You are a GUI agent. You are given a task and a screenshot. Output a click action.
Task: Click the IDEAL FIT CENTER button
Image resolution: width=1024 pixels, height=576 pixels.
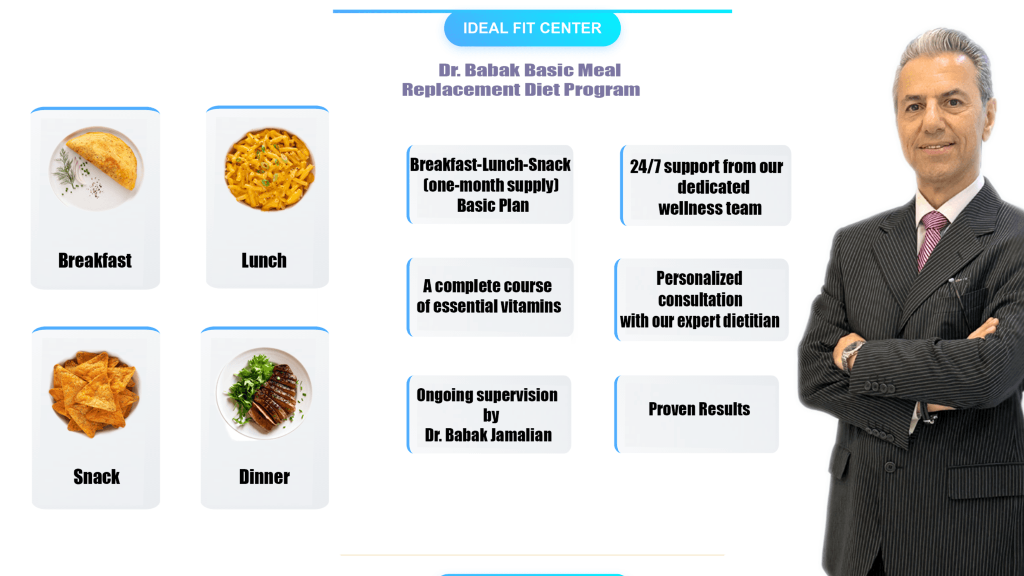click(x=532, y=28)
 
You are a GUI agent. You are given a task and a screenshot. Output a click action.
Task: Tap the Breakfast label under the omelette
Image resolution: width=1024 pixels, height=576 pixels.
click(x=95, y=261)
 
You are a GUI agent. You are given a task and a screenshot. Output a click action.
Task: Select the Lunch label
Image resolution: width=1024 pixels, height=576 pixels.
click(x=264, y=261)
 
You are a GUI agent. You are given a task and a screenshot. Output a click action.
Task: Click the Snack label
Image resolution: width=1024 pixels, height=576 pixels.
click(x=97, y=476)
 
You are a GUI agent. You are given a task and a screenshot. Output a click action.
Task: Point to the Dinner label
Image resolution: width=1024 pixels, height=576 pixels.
click(x=264, y=476)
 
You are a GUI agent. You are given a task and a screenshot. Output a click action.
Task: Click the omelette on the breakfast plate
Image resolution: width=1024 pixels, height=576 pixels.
click(x=105, y=159)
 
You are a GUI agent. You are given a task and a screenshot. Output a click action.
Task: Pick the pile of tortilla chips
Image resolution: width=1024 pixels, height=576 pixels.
click(x=94, y=392)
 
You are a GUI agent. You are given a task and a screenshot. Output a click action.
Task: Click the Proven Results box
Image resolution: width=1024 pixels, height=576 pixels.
click(x=699, y=409)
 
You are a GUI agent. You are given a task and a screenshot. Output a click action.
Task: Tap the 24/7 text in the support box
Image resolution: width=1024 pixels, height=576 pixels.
click(x=645, y=167)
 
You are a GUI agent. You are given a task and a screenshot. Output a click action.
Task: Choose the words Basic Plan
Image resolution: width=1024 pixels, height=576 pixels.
click(x=493, y=206)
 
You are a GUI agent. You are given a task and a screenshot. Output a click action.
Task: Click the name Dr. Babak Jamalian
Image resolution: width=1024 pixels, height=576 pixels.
click(x=488, y=435)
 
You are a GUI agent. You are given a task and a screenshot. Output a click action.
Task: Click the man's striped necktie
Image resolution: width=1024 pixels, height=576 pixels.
click(x=930, y=239)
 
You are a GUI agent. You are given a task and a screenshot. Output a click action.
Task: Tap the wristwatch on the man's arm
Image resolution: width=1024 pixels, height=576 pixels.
click(x=851, y=355)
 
